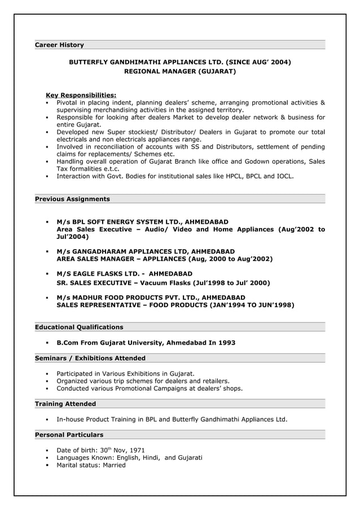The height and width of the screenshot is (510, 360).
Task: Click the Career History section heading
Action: click(x=59, y=45)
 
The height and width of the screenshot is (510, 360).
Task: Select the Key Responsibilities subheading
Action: click(x=81, y=95)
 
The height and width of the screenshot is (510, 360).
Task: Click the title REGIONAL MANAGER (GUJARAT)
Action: click(x=179, y=72)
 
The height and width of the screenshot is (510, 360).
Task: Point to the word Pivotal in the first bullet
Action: click(x=67, y=103)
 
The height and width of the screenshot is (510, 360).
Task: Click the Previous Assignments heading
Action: click(x=72, y=199)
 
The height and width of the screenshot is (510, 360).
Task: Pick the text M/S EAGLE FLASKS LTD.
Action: click(x=96, y=273)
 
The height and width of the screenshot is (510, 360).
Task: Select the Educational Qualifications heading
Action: click(x=79, y=327)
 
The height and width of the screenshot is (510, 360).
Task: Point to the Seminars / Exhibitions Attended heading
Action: click(x=90, y=358)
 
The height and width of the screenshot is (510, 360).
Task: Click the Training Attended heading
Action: click(x=65, y=404)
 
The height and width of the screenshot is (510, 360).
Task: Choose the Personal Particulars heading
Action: click(x=69, y=435)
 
